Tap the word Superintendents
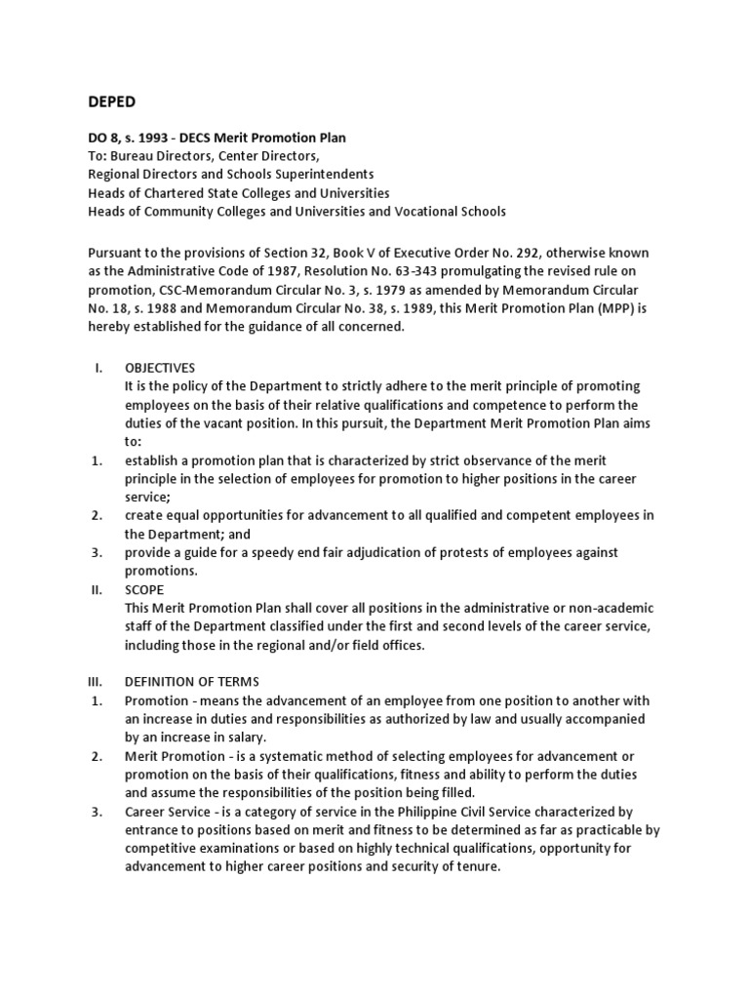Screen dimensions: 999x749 coord(321,175)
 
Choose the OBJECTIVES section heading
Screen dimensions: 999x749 coord(160,368)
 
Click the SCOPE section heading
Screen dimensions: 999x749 coord(144,590)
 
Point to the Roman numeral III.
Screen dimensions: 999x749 coord(96,682)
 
